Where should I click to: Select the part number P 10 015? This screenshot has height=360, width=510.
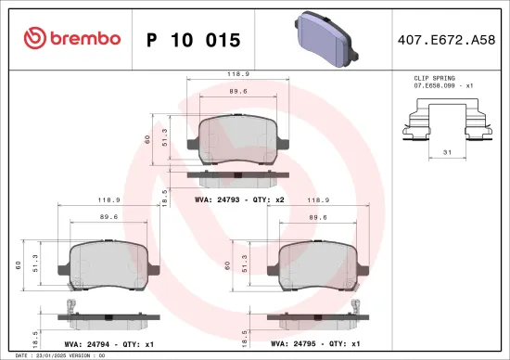pos(193,40)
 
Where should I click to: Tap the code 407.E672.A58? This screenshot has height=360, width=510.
pos(446,40)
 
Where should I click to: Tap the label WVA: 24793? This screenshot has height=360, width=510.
pos(217,199)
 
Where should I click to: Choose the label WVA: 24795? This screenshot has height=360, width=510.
pos(294,343)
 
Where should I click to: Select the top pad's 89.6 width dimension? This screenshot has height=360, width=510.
pos(237,92)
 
